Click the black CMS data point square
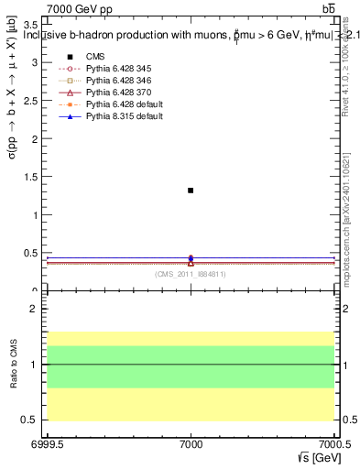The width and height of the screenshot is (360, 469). click(191, 191)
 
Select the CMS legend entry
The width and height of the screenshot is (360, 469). click(95, 57)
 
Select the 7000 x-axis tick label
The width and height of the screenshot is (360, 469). click(191, 446)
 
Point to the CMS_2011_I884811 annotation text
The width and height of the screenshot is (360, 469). click(191, 274)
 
